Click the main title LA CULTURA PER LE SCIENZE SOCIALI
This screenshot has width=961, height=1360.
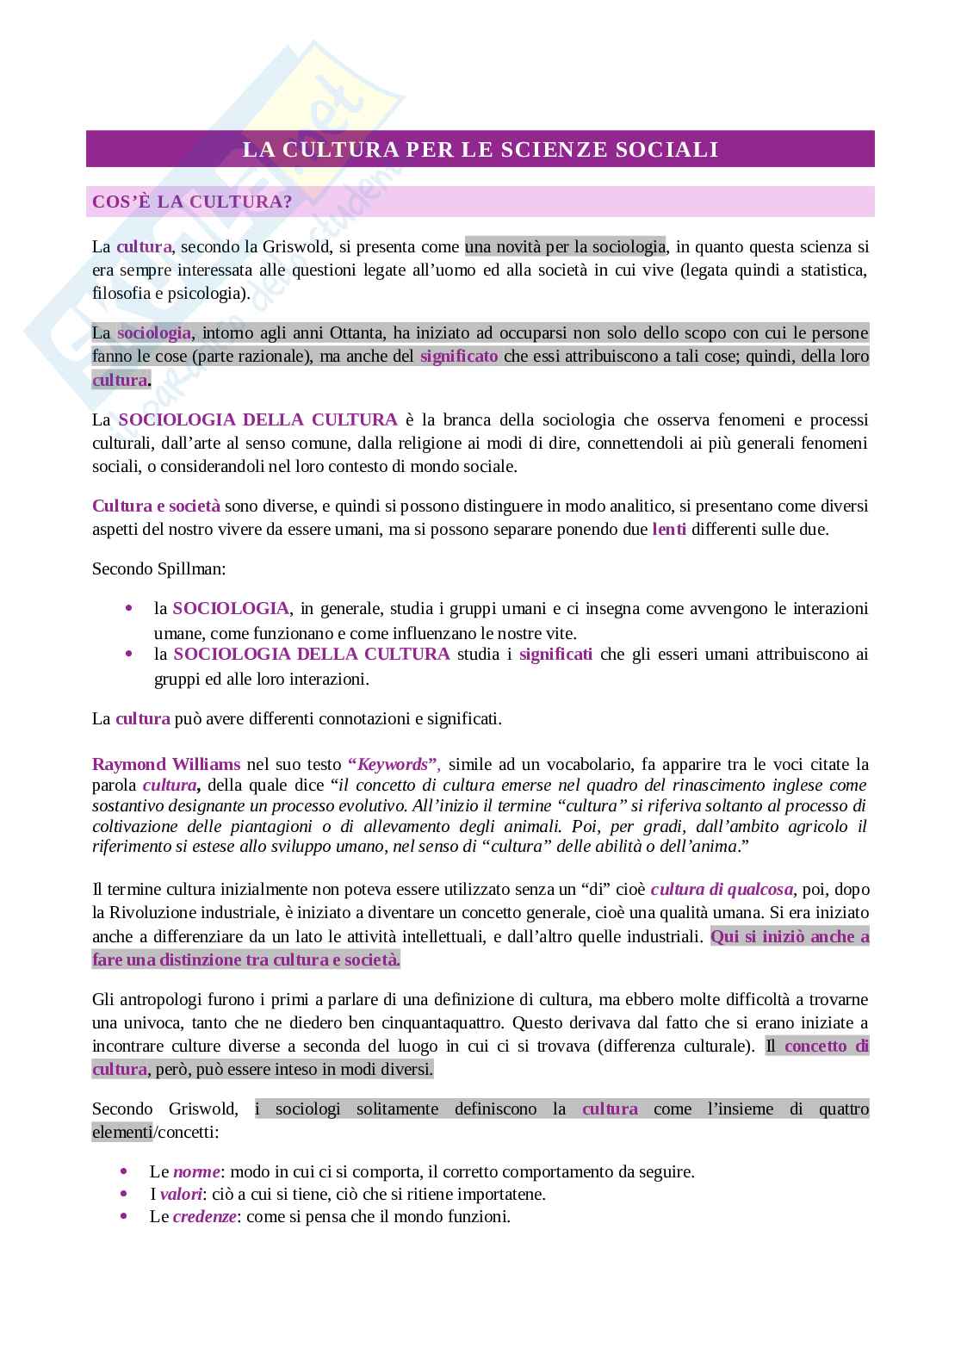[x=480, y=149]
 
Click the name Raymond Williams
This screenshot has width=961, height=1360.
[x=166, y=764]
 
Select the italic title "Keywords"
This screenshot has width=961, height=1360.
[x=394, y=764]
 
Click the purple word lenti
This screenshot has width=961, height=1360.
[x=669, y=529]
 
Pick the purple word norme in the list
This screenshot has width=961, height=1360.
[x=196, y=1171]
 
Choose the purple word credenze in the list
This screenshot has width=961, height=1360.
[x=204, y=1217]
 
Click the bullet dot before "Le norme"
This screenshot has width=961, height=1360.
[x=126, y=1171]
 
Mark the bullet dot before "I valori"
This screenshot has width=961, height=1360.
[x=126, y=1195]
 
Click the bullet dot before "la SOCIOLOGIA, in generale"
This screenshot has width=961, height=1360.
[x=129, y=608]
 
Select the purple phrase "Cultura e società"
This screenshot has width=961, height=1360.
[x=156, y=506]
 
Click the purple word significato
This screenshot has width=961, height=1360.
[x=459, y=356]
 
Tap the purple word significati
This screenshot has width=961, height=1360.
[x=555, y=654]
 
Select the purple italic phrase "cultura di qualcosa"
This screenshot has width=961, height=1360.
[x=722, y=889]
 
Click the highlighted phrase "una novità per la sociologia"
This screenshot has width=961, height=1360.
[x=566, y=246]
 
